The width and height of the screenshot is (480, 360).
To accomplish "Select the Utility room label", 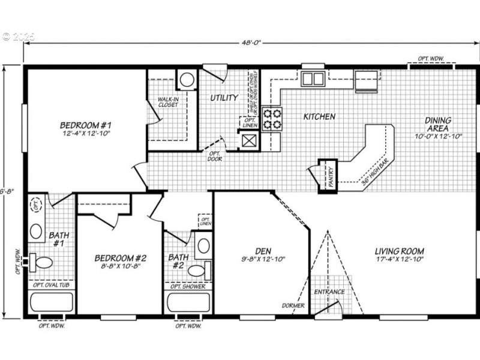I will pyautogui.click(x=224, y=97).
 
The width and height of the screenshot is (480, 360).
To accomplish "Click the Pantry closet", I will pyautogui.click(x=330, y=175).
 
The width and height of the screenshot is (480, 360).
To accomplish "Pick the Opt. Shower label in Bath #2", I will pyautogui.click(x=188, y=286).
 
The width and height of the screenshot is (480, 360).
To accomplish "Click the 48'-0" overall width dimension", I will pyautogui.click(x=250, y=43).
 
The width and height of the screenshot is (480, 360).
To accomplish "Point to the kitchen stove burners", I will pyautogui.click(x=272, y=119).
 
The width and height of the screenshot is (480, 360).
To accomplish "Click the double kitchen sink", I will pyautogui.click(x=313, y=79).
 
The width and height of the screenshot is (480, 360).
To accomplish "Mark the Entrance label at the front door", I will pyautogui.click(x=329, y=292).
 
